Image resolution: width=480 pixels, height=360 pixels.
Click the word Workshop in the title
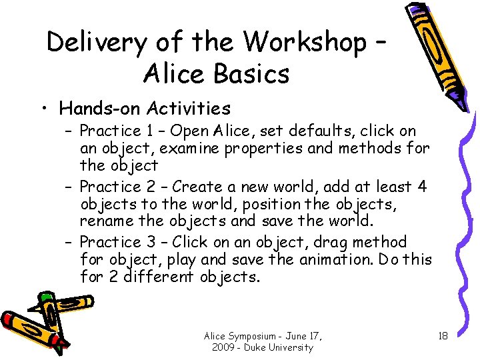(305, 43)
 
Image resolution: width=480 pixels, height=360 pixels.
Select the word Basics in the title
(249, 73)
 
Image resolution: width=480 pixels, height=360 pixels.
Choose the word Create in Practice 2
(200, 187)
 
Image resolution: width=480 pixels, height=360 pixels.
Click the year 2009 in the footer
(223, 347)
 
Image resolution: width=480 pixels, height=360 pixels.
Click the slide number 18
(443, 335)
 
